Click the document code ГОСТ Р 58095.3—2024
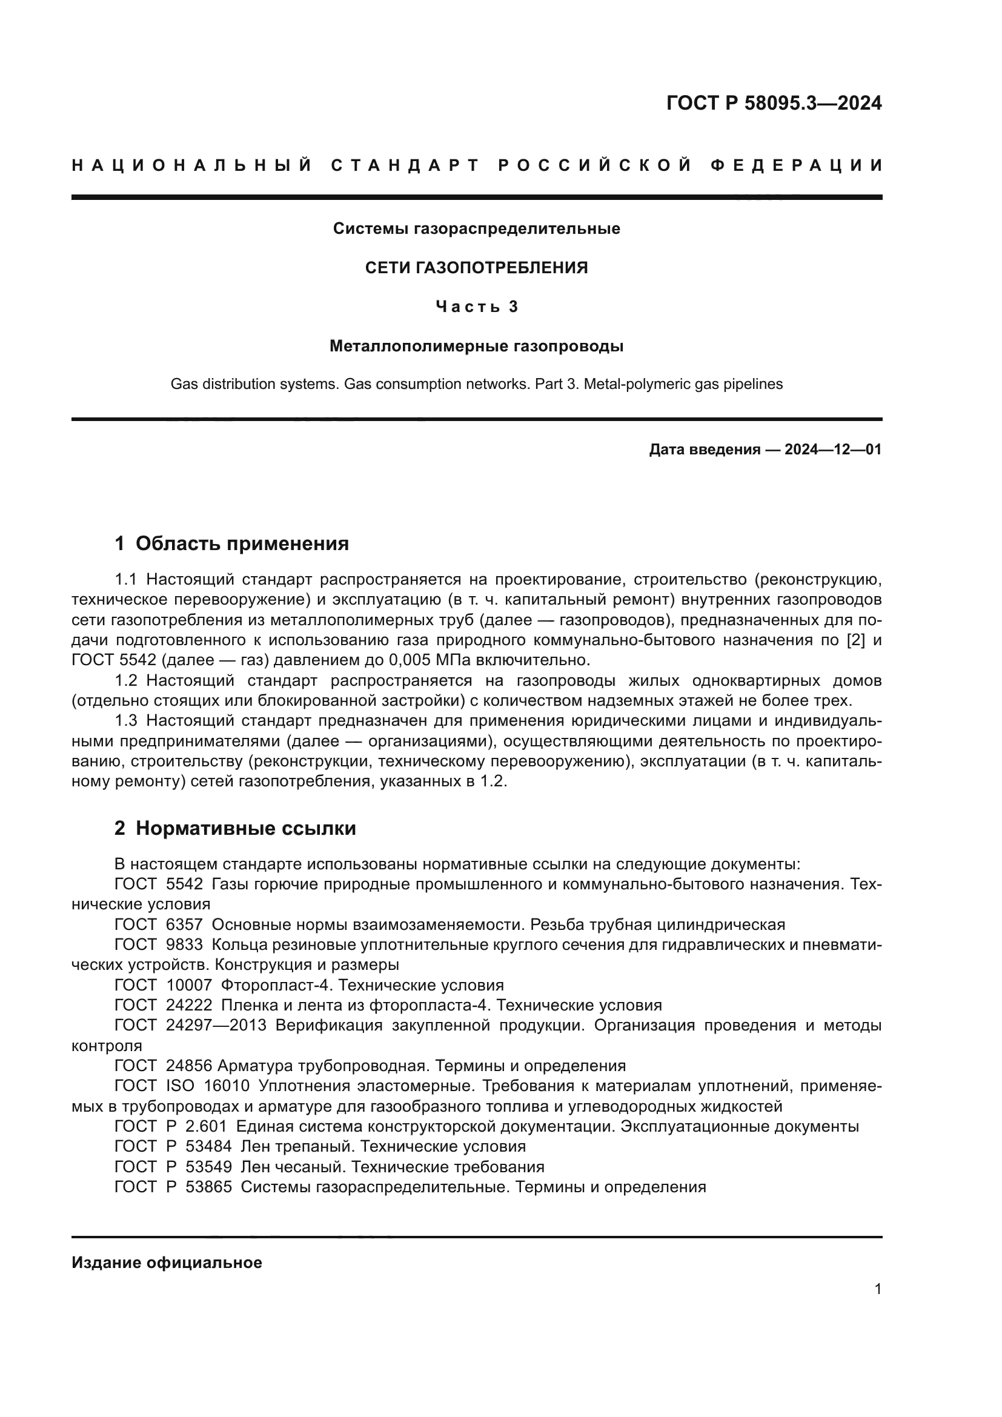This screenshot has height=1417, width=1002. point(774,103)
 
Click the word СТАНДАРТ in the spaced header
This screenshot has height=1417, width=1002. point(405,165)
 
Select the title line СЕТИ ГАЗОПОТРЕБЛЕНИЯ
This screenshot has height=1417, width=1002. point(476,268)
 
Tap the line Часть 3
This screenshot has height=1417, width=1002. point(476,307)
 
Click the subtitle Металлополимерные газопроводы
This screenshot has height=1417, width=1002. point(476,347)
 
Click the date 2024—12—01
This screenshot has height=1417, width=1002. point(833,450)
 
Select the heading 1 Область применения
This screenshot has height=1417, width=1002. point(231,543)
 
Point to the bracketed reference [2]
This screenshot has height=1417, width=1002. point(856,640)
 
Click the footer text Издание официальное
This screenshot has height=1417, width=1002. point(167,1263)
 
